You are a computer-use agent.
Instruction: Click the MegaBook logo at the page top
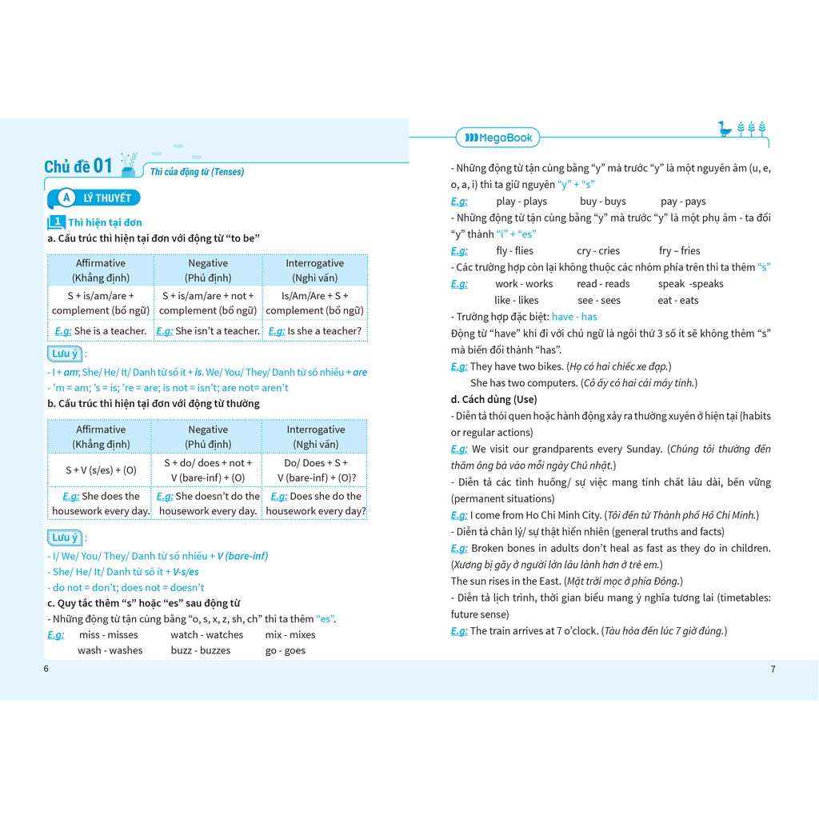click(x=498, y=138)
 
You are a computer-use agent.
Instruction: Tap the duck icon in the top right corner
click(x=725, y=129)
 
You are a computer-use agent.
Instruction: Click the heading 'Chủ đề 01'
click(x=78, y=166)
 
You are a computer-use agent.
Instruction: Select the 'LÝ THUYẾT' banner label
click(x=104, y=198)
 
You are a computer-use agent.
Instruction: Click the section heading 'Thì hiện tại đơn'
click(x=105, y=222)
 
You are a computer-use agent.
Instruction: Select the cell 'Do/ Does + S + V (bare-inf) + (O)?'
click(x=315, y=470)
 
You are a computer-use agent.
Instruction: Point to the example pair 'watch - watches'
click(x=206, y=635)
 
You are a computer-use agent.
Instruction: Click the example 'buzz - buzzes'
click(x=201, y=650)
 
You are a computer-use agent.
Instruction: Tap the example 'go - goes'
click(x=286, y=650)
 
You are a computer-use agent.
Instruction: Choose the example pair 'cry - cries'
click(x=598, y=251)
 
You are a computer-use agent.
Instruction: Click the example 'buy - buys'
click(x=603, y=202)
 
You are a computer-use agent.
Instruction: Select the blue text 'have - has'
click(x=574, y=317)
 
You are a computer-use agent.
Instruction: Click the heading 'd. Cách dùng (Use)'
click(x=493, y=399)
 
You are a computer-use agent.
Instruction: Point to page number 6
click(x=46, y=669)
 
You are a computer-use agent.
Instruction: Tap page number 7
click(x=773, y=669)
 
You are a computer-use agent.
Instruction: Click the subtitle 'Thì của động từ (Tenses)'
click(x=197, y=172)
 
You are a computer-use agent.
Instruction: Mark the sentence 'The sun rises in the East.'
click(x=505, y=581)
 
